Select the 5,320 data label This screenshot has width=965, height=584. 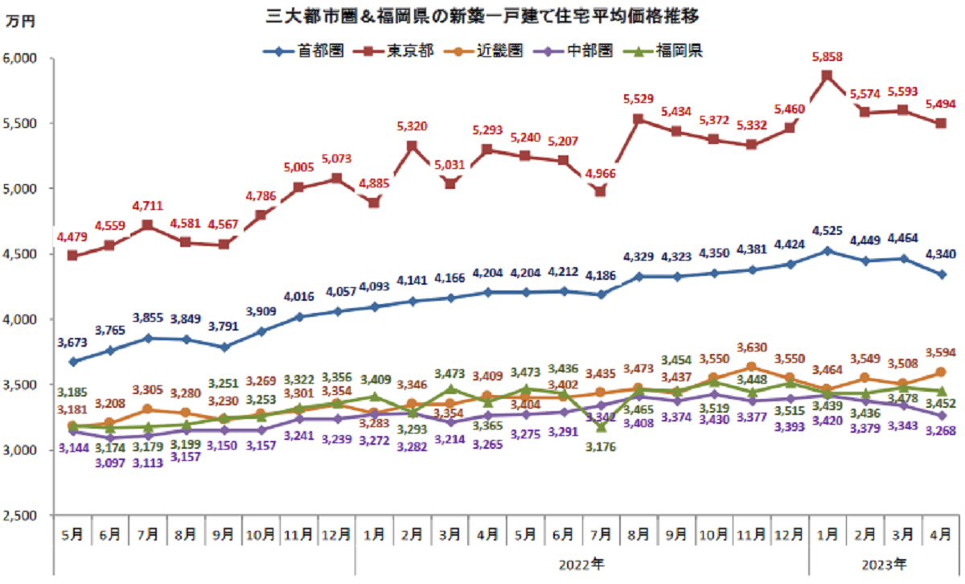pos(412,126)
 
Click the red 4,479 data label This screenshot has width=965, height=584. pos(71,236)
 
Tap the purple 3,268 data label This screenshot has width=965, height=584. pos(942,431)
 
